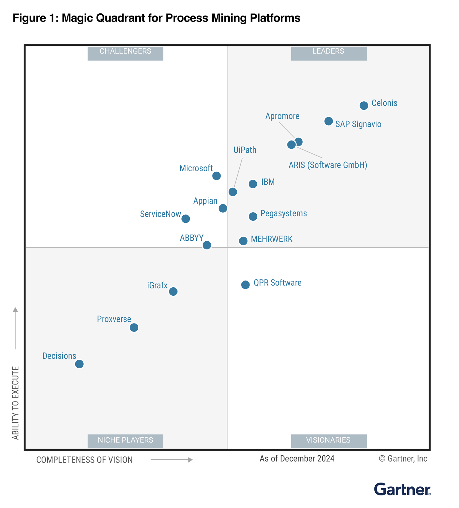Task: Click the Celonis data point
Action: coord(364,106)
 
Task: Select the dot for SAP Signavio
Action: coord(328,121)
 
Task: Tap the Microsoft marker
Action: coord(216,176)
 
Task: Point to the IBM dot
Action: coord(253,184)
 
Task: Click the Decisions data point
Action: coord(79,364)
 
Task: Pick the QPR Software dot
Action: coord(245,285)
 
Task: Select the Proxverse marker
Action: coord(134,328)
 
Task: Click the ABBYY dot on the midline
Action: coord(207,245)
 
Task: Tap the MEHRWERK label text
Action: coord(272,239)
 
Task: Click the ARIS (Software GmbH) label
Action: coord(328,165)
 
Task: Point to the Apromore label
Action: coord(282,116)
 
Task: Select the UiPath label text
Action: coord(245,150)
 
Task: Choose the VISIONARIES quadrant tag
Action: coord(329,441)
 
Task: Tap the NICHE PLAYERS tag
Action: coord(125,441)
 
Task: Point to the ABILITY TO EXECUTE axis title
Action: coord(16,403)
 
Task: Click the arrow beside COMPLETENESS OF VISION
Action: coord(172,460)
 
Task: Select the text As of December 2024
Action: coord(297,459)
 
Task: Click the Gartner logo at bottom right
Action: coord(402,489)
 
